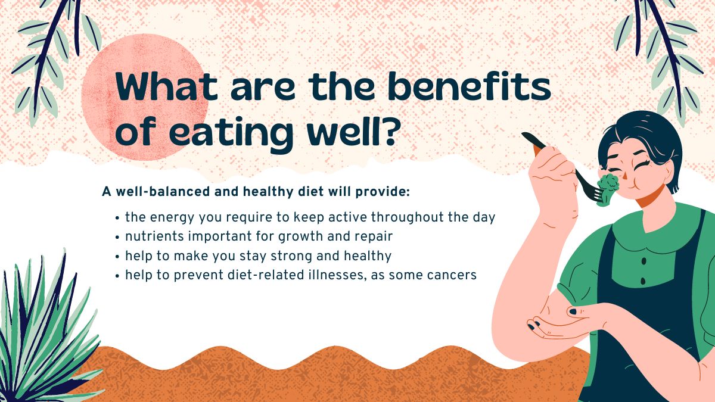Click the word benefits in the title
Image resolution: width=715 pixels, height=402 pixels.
[470, 86]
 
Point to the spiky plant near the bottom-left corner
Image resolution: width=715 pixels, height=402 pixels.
[48, 329]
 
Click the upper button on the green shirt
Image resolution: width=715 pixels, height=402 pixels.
[644, 261]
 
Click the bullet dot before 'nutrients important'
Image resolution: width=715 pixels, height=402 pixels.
[117, 238]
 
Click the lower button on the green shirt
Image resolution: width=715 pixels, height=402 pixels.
[643, 281]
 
